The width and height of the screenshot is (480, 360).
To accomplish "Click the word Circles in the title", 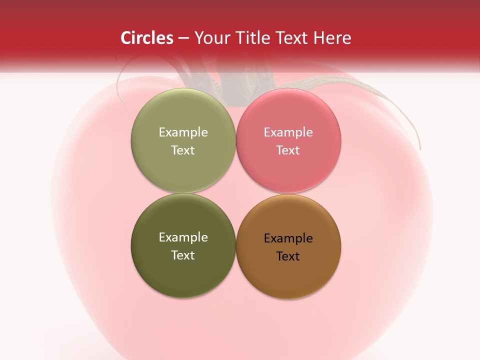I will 146,38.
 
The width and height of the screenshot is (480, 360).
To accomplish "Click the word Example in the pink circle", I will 288,132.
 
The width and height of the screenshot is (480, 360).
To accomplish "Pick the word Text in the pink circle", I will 288,150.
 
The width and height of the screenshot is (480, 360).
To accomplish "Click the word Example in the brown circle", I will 288,238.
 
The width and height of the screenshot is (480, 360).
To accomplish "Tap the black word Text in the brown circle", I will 288,256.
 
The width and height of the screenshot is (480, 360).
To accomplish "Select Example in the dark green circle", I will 183,237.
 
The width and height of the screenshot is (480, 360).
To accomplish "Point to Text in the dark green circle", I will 183,255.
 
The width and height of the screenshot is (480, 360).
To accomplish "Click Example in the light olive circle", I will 183,132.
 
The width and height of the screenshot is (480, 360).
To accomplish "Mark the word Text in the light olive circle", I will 183,150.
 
